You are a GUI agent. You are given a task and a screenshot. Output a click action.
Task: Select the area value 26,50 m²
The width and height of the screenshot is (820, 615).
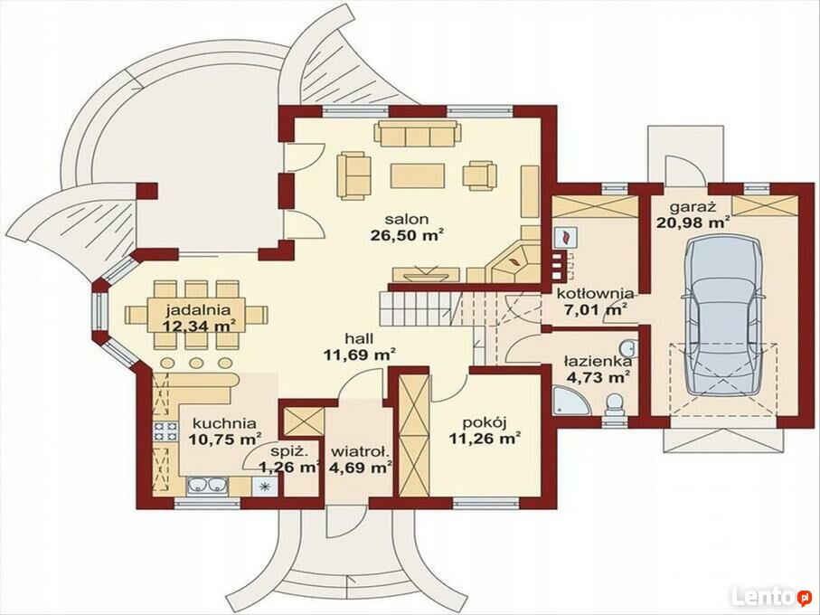click(408, 235)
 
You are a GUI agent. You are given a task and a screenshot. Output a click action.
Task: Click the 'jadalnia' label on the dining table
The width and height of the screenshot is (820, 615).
click(198, 309)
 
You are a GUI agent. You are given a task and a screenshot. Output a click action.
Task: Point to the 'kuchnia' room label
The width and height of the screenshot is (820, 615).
click(224, 423)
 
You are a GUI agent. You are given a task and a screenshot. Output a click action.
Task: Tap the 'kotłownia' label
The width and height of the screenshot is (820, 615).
click(596, 293)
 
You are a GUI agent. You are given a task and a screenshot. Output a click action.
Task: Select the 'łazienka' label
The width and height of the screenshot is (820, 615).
click(598, 362)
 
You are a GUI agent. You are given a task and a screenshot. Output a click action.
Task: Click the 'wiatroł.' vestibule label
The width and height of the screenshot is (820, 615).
click(361, 450)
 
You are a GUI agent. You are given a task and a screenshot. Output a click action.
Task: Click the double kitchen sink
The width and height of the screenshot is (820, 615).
click(208, 486)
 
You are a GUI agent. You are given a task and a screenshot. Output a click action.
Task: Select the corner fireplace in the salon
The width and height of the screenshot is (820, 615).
click(514, 262)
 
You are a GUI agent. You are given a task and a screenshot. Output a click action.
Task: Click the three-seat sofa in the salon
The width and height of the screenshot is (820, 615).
click(418, 134)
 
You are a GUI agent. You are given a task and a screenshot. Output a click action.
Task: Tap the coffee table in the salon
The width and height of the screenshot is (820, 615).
click(418, 175)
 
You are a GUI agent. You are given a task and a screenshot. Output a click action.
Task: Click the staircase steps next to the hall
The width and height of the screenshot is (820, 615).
click(419, 308)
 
